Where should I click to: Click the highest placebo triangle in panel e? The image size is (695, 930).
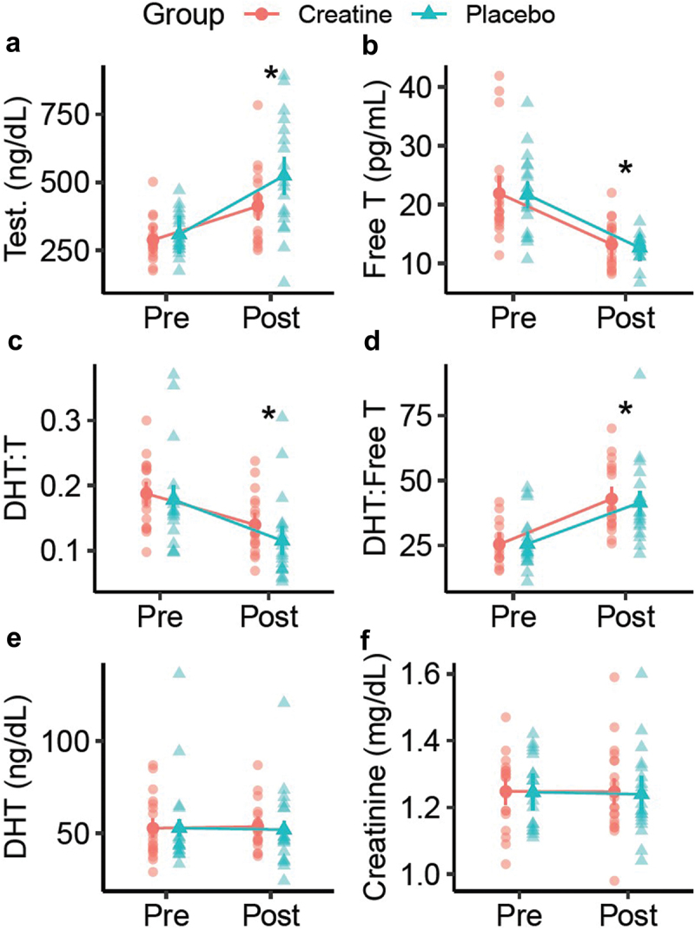coord(180,673)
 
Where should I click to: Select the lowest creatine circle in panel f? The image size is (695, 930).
coord(615,881)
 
